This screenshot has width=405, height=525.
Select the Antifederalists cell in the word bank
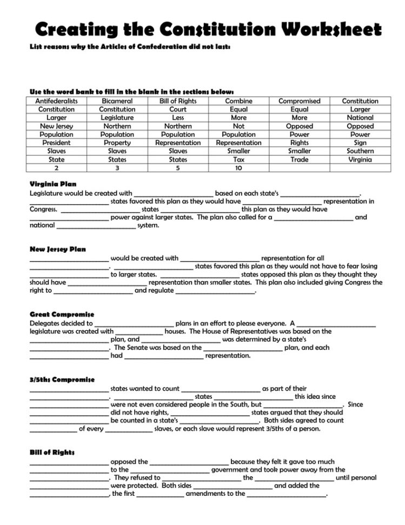[x=56, y=101]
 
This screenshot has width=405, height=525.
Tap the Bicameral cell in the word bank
[x=117, y=101]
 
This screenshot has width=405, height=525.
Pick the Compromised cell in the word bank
[x=299, y=101]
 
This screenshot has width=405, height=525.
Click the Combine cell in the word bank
[x=238, y=101]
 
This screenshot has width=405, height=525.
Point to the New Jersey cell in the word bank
[x=56, y=126]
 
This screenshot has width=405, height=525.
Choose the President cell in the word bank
[x=56, y=143]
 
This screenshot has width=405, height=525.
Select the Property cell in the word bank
[x=117, y=143]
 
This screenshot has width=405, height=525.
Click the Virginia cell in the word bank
[x=360, y=160]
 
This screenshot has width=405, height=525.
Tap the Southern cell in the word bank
[x=360, y=151]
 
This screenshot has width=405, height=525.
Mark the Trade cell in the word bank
[x=299, y=160]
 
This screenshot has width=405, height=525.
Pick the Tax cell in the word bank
[x=238, y=160]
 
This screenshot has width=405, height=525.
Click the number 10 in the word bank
[x=238, y=168]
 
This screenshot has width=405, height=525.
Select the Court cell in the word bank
[x=178, y=109]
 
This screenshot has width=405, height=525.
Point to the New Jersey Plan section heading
[x=57, y=249]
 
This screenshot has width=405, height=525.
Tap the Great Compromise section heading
[x=62, y=314]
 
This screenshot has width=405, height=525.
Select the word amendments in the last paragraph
[x=209, y=494]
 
